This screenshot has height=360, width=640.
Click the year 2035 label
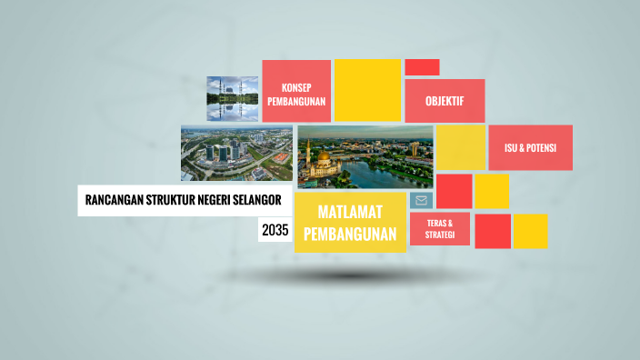click(x=275, y=231)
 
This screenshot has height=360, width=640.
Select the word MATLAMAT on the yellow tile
click(x=350, y=212)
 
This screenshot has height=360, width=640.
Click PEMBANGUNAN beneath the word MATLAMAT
click(x=350, y=235)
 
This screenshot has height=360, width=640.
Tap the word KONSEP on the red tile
click(x=296, y=87)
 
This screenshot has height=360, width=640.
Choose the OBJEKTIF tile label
click(x=445, y=101)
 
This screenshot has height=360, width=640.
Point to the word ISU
click(x=515, y=147)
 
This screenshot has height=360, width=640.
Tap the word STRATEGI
click(x=439, y=235)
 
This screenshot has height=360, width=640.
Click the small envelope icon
click(x=421, y=200)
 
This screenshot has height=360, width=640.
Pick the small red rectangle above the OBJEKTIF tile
click(x=422, y=67)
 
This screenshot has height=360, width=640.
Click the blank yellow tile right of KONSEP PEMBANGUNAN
click(x=367, y=90)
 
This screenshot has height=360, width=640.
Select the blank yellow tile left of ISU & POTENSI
click(x=460, y=147)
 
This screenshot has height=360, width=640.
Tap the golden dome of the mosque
click(x=322, y=157)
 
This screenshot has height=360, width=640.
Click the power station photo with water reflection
click(x=232, y=98)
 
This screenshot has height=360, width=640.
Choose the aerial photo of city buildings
click(x=236, y=153)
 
